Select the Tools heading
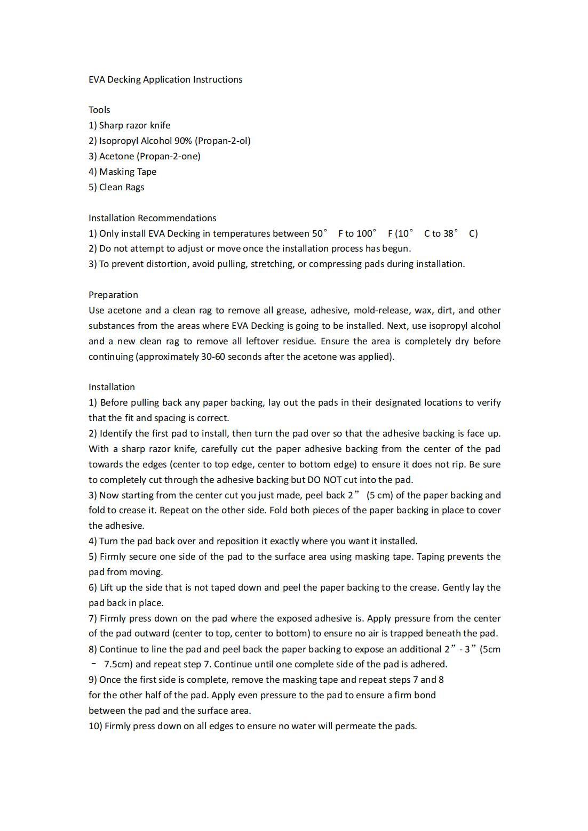click(99, 110)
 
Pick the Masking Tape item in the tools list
click(128, 172)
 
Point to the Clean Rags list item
click(121, 187)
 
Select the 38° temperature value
click(451, 233)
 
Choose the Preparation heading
click(113, 295)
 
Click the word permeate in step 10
click(355, 726)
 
